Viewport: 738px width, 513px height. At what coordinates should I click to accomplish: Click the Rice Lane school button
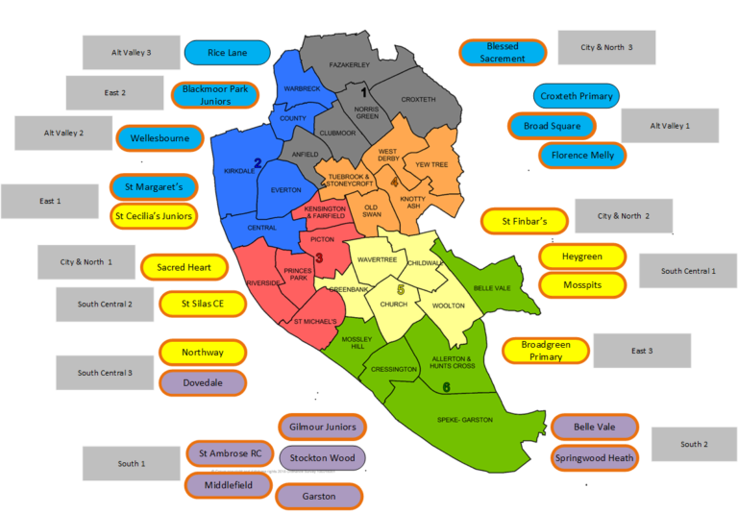coord(227,53)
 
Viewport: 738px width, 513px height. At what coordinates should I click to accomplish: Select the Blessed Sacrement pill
coord(503,53)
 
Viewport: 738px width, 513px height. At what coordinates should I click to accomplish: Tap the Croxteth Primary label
coord(577,96)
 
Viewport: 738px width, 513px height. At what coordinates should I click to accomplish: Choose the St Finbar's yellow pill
coord(524,222)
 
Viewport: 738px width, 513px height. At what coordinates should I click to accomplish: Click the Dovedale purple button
coord(202,382)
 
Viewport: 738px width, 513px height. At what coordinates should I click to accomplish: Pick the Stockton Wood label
coord(322,457)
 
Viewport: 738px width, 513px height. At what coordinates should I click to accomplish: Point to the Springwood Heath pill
coord(594,458)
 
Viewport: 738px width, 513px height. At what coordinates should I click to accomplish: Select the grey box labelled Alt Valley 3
coord(131,53)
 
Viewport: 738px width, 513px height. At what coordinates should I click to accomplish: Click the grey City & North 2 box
coord(623,216)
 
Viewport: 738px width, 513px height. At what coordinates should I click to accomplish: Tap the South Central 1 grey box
coord(687,271)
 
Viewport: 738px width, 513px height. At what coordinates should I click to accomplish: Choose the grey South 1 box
coord(131,464)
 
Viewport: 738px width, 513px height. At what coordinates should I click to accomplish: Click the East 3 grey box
coord(641,351)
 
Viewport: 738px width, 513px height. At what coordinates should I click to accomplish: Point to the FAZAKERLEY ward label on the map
coord(350,65)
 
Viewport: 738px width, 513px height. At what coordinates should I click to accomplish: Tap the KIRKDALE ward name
coord(239,171)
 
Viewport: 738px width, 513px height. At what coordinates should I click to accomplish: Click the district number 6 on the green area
coord(446,387)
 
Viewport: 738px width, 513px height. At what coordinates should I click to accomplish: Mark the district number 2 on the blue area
coord(258,163)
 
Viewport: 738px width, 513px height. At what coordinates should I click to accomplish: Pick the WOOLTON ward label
coord(449,305)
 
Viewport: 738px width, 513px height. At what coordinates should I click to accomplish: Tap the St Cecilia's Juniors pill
coord(154,216)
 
